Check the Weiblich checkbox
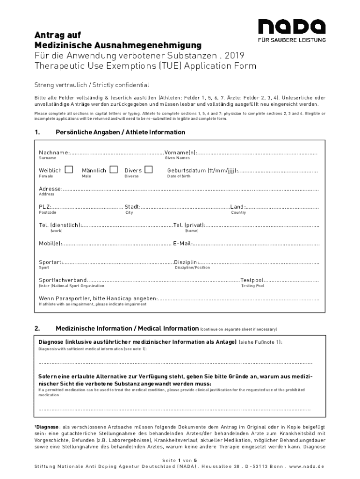[69, 170]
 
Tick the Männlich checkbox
[113, 170]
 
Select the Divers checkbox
[149, 170]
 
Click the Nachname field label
[54, 152]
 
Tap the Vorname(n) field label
[181, 152]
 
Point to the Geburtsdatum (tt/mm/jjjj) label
[202, 171]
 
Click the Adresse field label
[50, 189]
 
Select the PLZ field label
[44, 207]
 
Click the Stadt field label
[132, 207]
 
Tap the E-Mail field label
[182, 243]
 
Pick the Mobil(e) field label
[50, 243]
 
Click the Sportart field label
[50, 262]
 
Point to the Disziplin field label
[186, 262]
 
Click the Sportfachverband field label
[63, 280]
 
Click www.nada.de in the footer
[306, 466]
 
